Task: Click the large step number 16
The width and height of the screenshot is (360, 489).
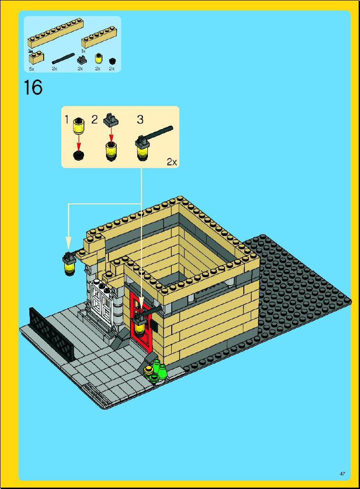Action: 33,87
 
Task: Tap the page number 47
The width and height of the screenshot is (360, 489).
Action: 342,473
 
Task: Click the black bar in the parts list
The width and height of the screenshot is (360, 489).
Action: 63,58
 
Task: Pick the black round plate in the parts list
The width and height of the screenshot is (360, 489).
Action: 112,60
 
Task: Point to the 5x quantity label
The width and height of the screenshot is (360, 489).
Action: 31,68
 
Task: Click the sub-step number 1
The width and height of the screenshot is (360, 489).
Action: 67,120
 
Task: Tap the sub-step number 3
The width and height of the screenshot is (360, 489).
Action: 140,120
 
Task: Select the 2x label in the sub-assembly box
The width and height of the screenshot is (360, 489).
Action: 171,162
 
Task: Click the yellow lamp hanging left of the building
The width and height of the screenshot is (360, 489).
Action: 69,265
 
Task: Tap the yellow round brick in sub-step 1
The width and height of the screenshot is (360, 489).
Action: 79,124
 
